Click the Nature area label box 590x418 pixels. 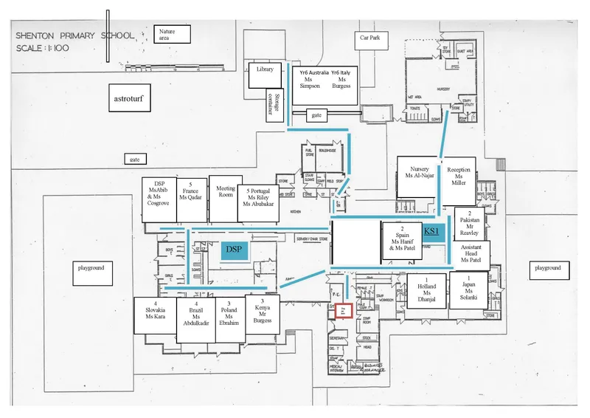pos(172,34)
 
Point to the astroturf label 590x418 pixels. pos(128,97)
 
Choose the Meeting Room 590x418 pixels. pos(226,198)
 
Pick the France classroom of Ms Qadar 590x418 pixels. pos(192,199)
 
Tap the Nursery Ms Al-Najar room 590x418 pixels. pos(418,177)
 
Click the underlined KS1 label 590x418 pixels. pos(431,231)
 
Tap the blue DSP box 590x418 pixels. pos(234,250)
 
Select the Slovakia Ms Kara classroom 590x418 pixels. pos(155,315)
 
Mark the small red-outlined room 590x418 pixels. pos(342,312)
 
